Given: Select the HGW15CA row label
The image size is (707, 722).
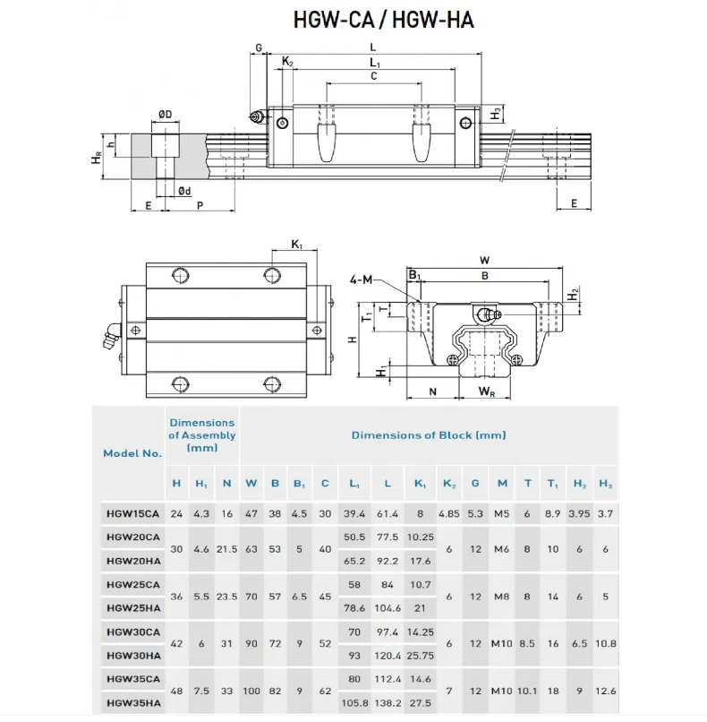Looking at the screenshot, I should tap(132, 513).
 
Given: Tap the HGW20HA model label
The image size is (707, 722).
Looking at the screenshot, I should tap(132, 561).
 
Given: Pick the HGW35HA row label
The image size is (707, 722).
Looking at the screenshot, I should tap(132, 704).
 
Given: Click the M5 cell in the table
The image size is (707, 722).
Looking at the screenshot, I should tap(502, 513).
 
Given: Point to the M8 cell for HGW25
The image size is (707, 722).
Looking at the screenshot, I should tap(502, 597).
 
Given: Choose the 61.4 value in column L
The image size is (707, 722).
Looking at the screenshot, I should tap(387, 513).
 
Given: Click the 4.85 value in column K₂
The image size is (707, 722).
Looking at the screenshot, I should tap(447, 513).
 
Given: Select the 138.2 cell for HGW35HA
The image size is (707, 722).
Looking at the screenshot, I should tap(387, 704).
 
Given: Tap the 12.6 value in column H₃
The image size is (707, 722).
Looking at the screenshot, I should tap(605, 692).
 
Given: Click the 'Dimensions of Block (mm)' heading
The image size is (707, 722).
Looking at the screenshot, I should tap(428, 435).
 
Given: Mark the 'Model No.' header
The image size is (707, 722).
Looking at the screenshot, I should tap(132, 453).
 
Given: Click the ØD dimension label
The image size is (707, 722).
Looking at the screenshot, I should tap(165, 114).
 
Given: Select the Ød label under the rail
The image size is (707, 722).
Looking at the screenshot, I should tap(183, 190).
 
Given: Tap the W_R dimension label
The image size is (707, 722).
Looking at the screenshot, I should tap(487, 391).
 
